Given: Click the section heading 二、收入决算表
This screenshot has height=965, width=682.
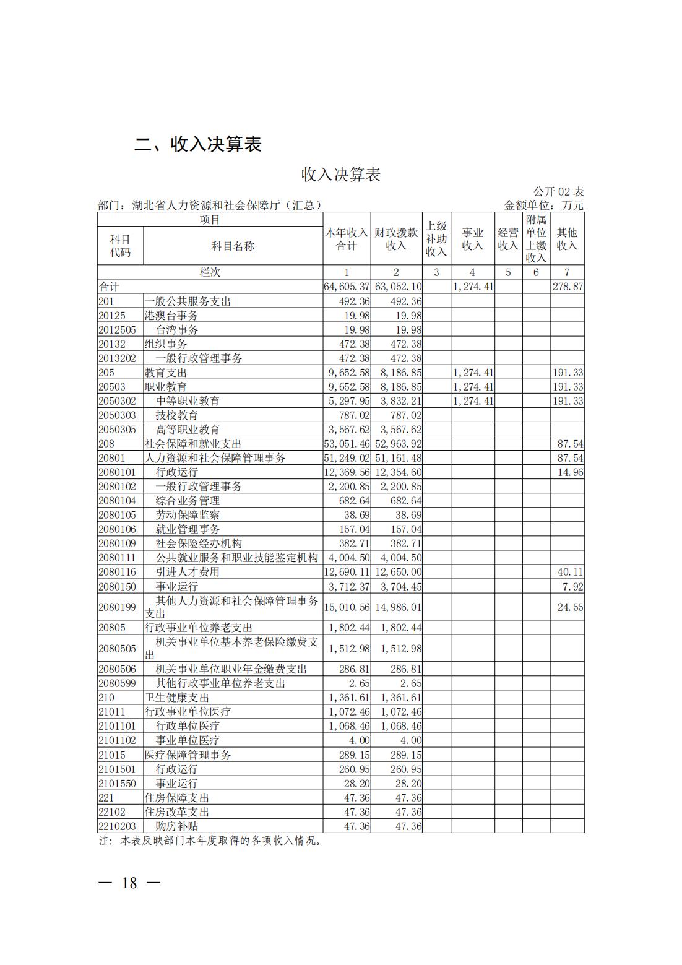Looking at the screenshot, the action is pyautogui.click(x=198, y=144).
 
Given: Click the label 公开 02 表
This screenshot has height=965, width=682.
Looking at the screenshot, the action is pyautogui.click(x=558, y=192).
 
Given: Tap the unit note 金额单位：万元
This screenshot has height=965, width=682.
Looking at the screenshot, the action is pyautogui.click(x=543, y=206).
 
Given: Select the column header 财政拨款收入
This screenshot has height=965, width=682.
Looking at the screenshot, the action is pyautogui.click(x=395, y=239).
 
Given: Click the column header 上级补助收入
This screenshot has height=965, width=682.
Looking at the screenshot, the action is pyautogui.click(x=436, y=239).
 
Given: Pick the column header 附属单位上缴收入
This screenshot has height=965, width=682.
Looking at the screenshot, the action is pyautogui.click(x=536, y=239).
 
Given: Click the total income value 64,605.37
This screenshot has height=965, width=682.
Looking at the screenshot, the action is pyautogui.click(x=347, y=287).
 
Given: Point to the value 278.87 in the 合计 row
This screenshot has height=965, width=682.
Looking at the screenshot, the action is pyautogui.click(x=567, y=287).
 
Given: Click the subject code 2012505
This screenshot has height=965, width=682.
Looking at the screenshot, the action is pyautogui.click(x=117, y=330).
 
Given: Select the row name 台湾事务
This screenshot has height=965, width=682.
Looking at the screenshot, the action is pyautogui.click(x=177, y=330).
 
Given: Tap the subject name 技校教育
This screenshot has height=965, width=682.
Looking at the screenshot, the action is pyautogui.click(x=177, y=415).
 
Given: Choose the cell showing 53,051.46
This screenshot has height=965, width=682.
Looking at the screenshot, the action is pyautogui.click(x=347, y=444).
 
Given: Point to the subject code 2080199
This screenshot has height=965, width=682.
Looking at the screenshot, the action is pyautogui.click(x=117, y=607).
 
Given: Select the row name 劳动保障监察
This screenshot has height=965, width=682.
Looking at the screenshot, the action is pyautogui.click(x=188, y=515).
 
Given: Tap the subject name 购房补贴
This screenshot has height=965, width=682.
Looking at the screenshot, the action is pyautogui.click(x=177, y=826).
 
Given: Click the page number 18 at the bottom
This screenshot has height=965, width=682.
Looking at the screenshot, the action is pyautogui.click(x=130, y=883).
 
